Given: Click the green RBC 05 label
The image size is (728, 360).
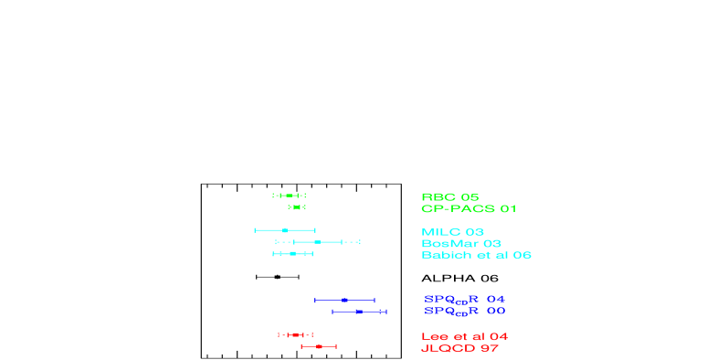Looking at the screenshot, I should (x=449, y=196).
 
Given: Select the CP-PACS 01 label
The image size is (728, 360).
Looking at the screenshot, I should (x=469, y=208).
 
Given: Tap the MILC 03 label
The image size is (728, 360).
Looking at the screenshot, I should (x=452, y=232).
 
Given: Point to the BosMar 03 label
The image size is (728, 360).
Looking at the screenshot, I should (x=460, y=244).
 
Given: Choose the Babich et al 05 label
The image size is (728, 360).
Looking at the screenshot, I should (x=476, y=256).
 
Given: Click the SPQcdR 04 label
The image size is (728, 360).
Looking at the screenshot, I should (x=464, y=300).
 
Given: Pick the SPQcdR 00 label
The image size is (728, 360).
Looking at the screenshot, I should (x=464, y=312).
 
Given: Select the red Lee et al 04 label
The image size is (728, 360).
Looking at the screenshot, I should (x=464, y=337).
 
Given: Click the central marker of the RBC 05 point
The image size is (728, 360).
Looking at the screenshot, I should (x=290, y=196).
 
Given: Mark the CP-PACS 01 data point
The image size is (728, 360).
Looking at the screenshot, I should (x=297, y=207).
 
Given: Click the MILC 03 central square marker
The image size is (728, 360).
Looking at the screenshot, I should (x=285, y=230).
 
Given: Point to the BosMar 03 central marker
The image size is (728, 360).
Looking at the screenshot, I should (x=317, y=242).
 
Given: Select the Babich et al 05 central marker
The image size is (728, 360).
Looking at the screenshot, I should (x=292, y=253).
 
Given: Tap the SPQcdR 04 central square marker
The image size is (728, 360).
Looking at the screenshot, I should (x=344, y=300).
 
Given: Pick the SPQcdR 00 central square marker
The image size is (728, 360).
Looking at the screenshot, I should (x=359, y=312).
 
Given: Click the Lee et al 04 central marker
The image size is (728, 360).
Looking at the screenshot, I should (x=295, y=335).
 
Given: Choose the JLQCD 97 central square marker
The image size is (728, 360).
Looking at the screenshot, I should (x=319, y=346).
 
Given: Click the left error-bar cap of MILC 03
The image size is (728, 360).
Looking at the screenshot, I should (x=255, y=230).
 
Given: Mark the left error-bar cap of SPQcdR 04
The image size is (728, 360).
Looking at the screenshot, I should (x=315, y=300).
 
